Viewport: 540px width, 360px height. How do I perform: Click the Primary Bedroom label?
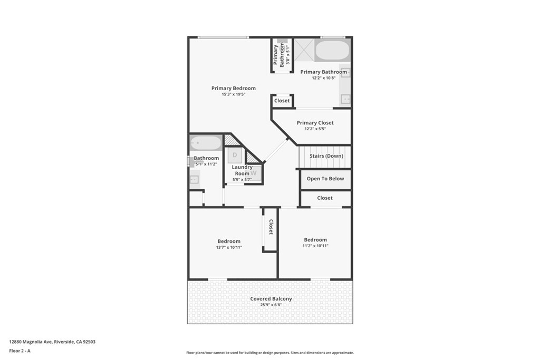click(x=234, y=88)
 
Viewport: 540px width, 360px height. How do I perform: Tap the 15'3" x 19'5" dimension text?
click(x=234, y=94)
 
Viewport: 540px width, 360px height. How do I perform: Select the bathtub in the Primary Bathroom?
click(x=332, y=51)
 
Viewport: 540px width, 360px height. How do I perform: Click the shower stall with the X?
click(x=304, y=50)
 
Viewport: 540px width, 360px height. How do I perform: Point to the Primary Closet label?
click(x=315, y=122)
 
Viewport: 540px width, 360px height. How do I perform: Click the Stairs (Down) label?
click(x=326, y=156)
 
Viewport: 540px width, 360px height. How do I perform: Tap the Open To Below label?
click(x=325, y=179)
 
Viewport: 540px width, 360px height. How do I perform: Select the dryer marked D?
click(x=235, y=155)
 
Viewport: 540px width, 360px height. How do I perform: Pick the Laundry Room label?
click(x=242, y=170)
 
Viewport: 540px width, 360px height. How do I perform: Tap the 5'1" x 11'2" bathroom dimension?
click(x=206, y=164)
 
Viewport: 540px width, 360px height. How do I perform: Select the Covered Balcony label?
click(x=271, y=299)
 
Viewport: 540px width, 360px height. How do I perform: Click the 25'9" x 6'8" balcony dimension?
click(x=271, y=305)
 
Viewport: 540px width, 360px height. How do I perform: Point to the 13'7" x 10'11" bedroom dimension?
click(x=229, y=247)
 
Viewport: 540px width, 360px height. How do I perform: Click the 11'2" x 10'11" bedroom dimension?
click(x=315, y=246)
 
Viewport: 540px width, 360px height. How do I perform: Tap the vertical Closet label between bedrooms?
click(x=271, y=227)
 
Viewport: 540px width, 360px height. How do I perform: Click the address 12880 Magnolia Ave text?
click(x=31, y=342)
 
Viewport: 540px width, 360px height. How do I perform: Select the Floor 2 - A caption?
click(x=20, y=351)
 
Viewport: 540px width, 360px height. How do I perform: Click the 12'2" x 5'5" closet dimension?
click(x=315, y=129)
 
